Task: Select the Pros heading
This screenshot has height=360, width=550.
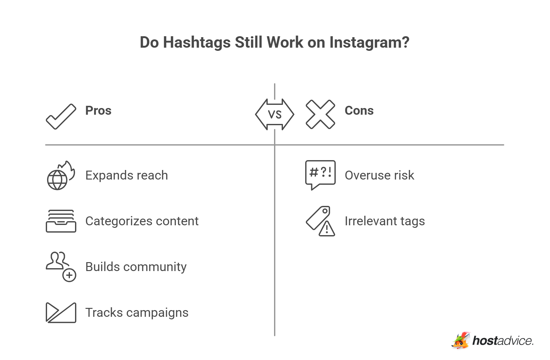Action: (98, 111)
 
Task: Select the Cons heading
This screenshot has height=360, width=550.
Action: (359, 111)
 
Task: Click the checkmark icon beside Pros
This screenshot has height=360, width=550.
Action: (61, 116)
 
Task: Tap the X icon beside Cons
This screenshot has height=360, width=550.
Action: (320, 114)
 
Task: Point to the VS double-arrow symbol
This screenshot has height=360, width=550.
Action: (275, 114)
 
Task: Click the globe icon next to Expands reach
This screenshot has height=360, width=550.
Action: (58, 180)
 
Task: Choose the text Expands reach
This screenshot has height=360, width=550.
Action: (127, 175)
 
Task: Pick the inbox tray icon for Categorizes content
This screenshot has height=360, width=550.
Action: (61, 221)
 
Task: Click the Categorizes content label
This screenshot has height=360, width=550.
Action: (142, 221)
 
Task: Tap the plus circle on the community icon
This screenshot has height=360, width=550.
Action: (69, 275)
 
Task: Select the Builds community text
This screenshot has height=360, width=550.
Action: (136, 267)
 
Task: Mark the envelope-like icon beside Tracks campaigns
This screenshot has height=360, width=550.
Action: (61, 313)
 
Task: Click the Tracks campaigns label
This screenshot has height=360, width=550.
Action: (137, 313)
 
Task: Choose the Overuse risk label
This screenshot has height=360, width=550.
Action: (379, 175)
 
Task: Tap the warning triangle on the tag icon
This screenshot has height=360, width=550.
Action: (327, 229)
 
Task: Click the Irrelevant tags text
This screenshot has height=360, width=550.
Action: (385, 221)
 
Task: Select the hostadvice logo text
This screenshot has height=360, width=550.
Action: (502, 341)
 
